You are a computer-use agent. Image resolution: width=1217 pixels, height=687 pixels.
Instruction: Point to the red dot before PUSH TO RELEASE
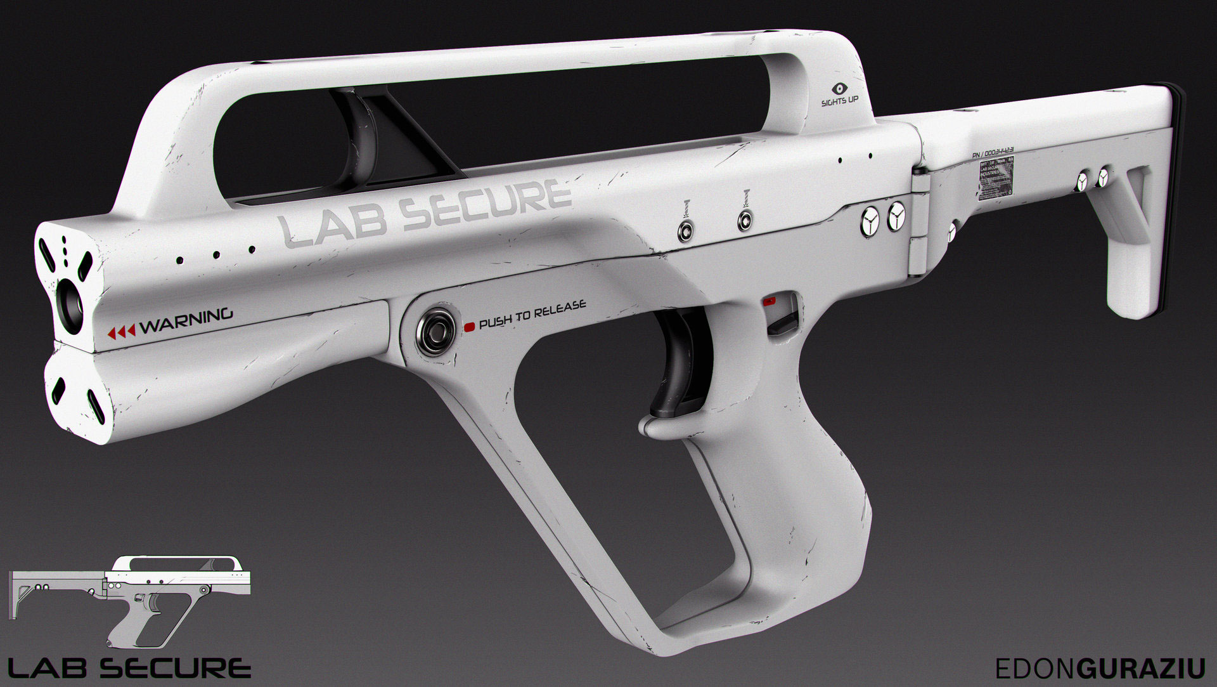pyautogui.click(x=470, y=327)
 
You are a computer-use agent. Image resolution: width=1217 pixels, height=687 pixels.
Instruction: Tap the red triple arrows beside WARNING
pyautogui.click(x=122, y=332)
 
